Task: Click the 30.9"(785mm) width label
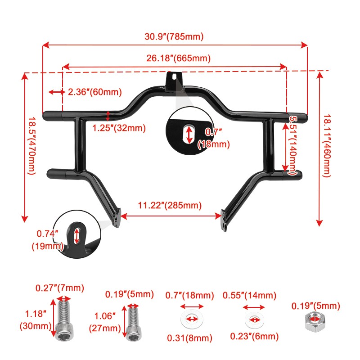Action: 174,37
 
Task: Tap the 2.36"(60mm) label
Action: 95,92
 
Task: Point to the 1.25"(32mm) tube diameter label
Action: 119,128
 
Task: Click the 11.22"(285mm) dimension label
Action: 170,205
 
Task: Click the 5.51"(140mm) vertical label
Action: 292,146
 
